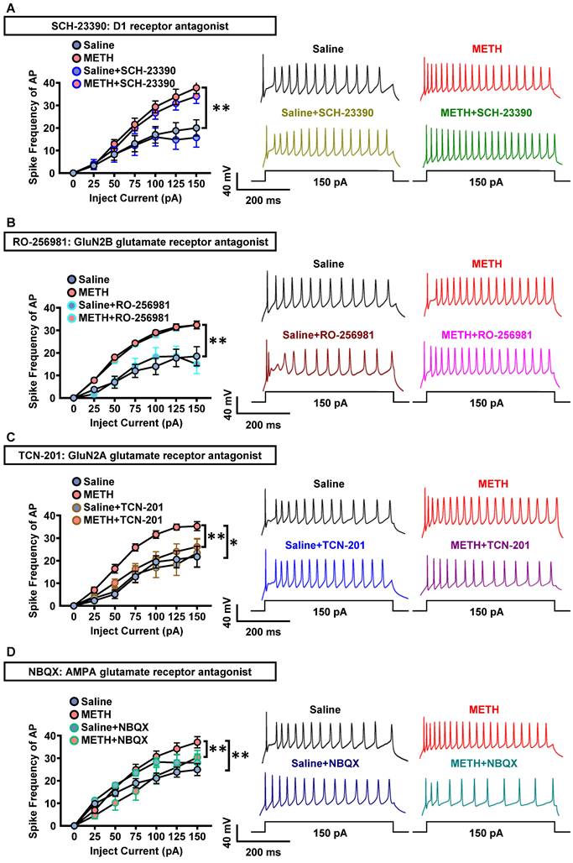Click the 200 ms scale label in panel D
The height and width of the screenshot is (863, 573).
pyautogui.click(x=262, y=853)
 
